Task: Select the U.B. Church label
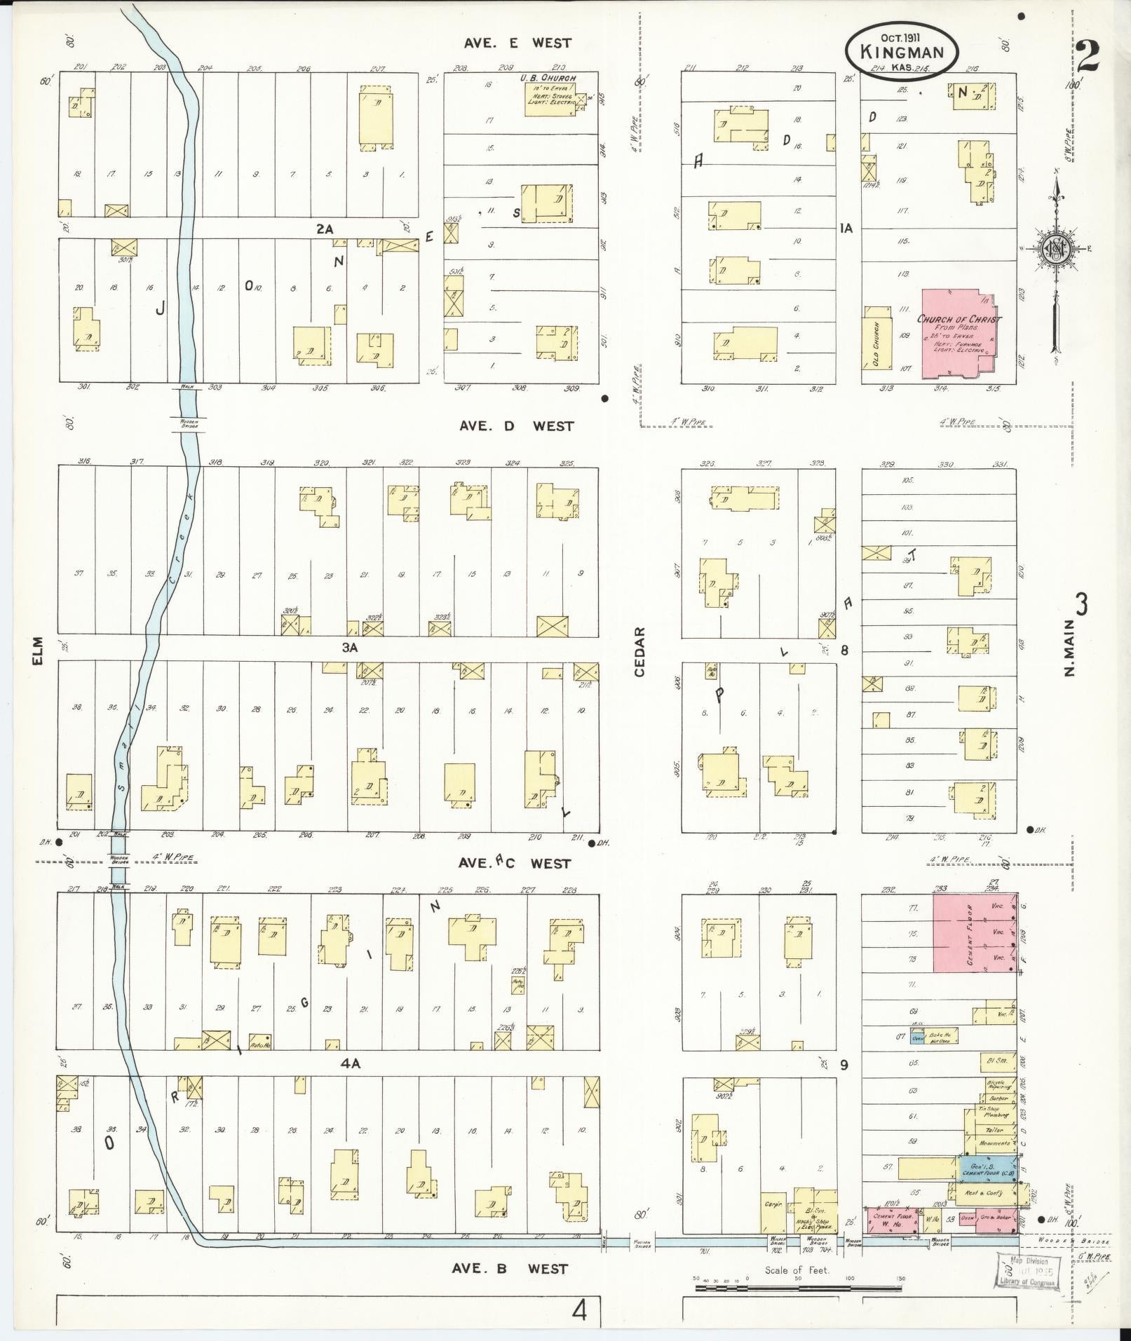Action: click(x=548, y=77)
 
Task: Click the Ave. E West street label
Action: click(x=517, y=43)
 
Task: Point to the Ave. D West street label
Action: click(x=516, y=426)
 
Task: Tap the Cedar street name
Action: click(x=639, y=651)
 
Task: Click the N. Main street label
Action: click(x=1069, y=652)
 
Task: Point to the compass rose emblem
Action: click(x=1055, y=249)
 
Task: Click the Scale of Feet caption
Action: click(x=797, y=1269)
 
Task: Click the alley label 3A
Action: click(x=350, y=648)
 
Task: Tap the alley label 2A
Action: click(x=325, y=229)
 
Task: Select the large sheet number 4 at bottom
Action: click(x=579, y=1309)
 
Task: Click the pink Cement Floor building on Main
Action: click(x=974, y=932)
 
